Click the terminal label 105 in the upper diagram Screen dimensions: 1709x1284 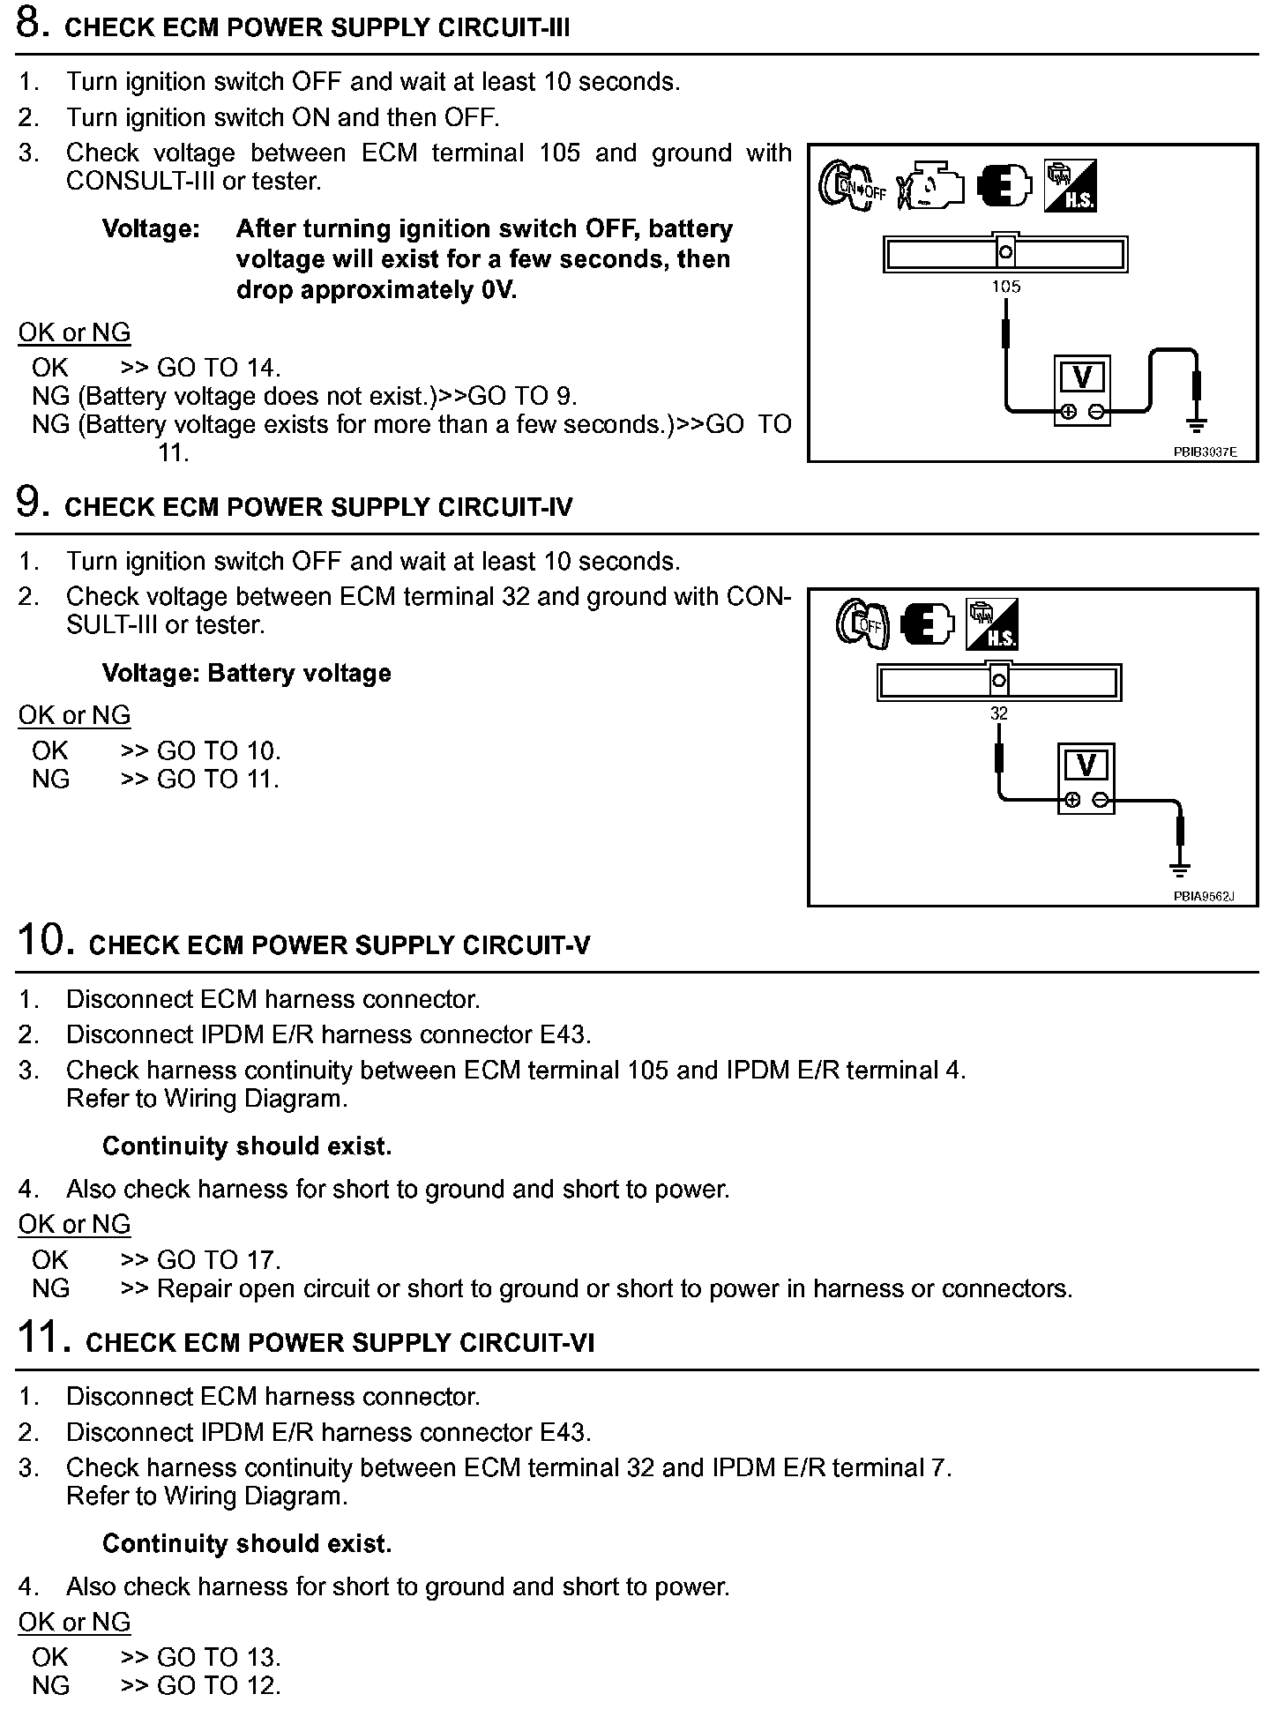point(1005,287)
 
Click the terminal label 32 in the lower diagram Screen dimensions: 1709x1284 point(998,713)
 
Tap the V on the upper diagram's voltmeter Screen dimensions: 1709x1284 point(1083,377)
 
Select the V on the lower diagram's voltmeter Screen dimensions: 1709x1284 point(1086,765)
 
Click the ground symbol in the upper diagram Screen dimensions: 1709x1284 point(1196,427)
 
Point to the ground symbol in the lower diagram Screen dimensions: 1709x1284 point(1180,869)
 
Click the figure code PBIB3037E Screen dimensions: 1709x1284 point(1205,452)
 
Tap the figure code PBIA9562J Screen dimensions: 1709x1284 point(1203,897)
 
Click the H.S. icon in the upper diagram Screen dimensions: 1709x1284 point(1070,186)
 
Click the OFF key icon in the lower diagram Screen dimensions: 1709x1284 point(862,624)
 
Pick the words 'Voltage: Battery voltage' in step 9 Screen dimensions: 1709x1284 point(246,674)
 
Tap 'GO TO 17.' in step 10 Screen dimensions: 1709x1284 point(218,1260)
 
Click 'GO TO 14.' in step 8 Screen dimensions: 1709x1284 point(218,368)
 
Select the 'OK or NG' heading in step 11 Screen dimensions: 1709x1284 point(74,1622)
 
